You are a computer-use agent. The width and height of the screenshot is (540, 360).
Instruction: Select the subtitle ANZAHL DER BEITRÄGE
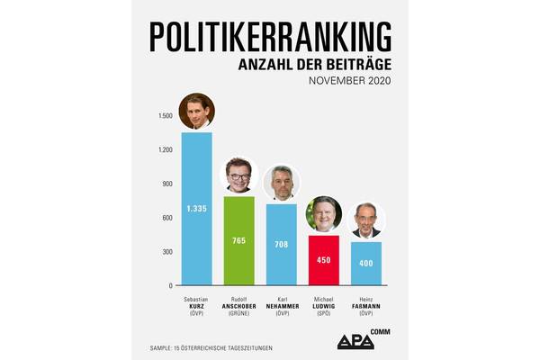pyautogui.click(x=314, y=66)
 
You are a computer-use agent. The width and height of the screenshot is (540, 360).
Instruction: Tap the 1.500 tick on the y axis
pyautogui.click(x=165, y=115)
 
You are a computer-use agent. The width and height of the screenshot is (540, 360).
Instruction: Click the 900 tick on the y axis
pyautogui.click(x=166, y=184)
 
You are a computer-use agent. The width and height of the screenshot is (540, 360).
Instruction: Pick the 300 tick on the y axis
pyautogui.click(x=166, y=251)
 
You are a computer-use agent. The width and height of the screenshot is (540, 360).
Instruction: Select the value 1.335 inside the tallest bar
pyautogui.click(x=197, y=208)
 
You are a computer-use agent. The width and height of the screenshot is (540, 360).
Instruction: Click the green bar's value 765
pyautogui.click(x=239, y=240)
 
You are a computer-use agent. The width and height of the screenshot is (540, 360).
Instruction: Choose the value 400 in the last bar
pyautogui.click(x=366, y=263)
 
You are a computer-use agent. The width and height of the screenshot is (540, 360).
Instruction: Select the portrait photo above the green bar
pyautogui.click(x=239, y=176)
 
